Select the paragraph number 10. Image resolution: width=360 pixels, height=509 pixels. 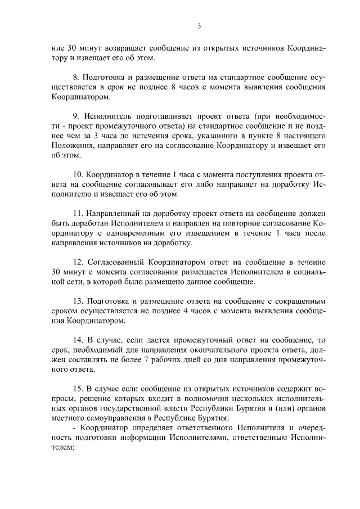point(78,183)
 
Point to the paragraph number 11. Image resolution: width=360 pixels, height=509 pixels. point(78,214)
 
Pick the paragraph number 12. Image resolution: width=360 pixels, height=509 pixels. point(78,262)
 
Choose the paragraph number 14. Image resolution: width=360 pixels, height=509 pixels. point(78,340)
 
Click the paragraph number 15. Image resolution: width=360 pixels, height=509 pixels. point(78,389)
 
